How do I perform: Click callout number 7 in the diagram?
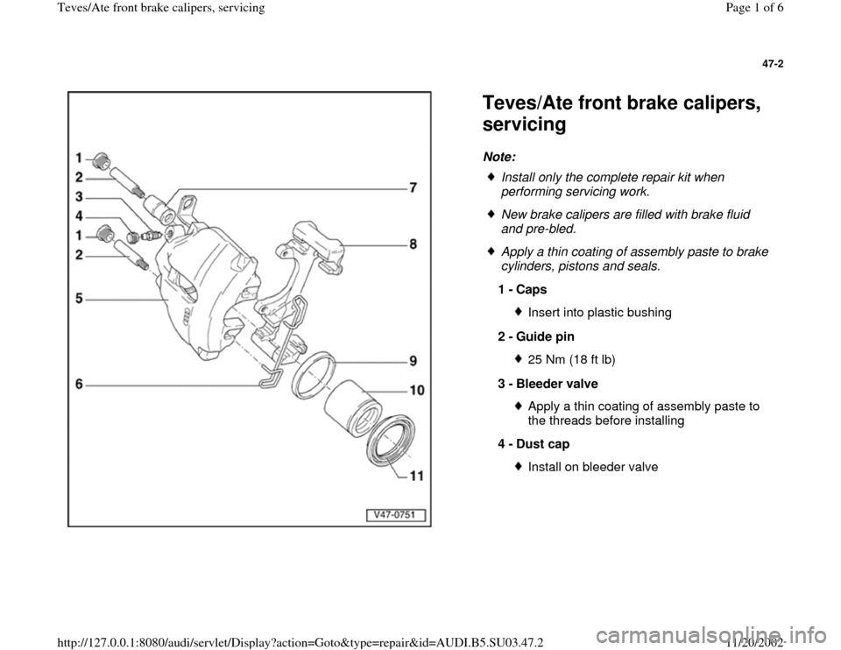[x=413, y=187]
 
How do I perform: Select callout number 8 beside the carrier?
[x=413, y=246]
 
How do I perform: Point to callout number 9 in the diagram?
[x=413, y=360]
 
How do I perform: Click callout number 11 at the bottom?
[x=416, y=476]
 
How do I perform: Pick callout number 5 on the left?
[x=80, y=298]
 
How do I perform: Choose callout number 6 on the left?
[x=80, y=383]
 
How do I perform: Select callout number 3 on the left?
[x=80, y=196]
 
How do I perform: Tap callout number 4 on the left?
[x=80, y=215]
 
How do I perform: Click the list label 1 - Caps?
[x=522, y=288]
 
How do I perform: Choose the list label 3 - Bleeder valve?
[x=548, y=384]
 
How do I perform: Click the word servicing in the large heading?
[x=524, y=125]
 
